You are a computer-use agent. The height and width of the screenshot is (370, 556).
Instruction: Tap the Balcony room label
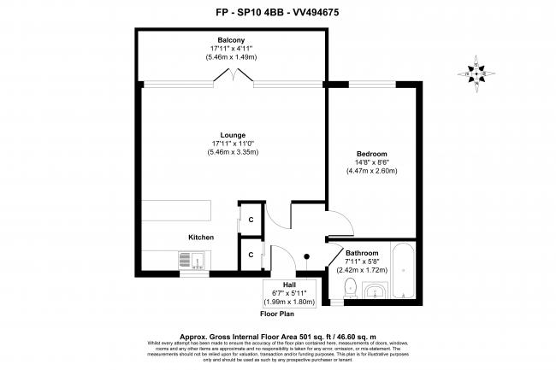(231, 40)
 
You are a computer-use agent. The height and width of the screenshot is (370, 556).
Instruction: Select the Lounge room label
(233, 135)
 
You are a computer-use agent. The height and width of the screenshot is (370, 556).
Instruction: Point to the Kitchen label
(201, 237)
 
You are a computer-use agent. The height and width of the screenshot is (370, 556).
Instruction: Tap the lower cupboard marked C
(251, 254)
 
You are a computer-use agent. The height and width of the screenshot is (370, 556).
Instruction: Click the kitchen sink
(191, 258)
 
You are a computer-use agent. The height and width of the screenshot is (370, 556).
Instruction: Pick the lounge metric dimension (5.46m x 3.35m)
(233, 152)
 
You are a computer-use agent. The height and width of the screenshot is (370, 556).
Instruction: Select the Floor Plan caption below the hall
(277, 314)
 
